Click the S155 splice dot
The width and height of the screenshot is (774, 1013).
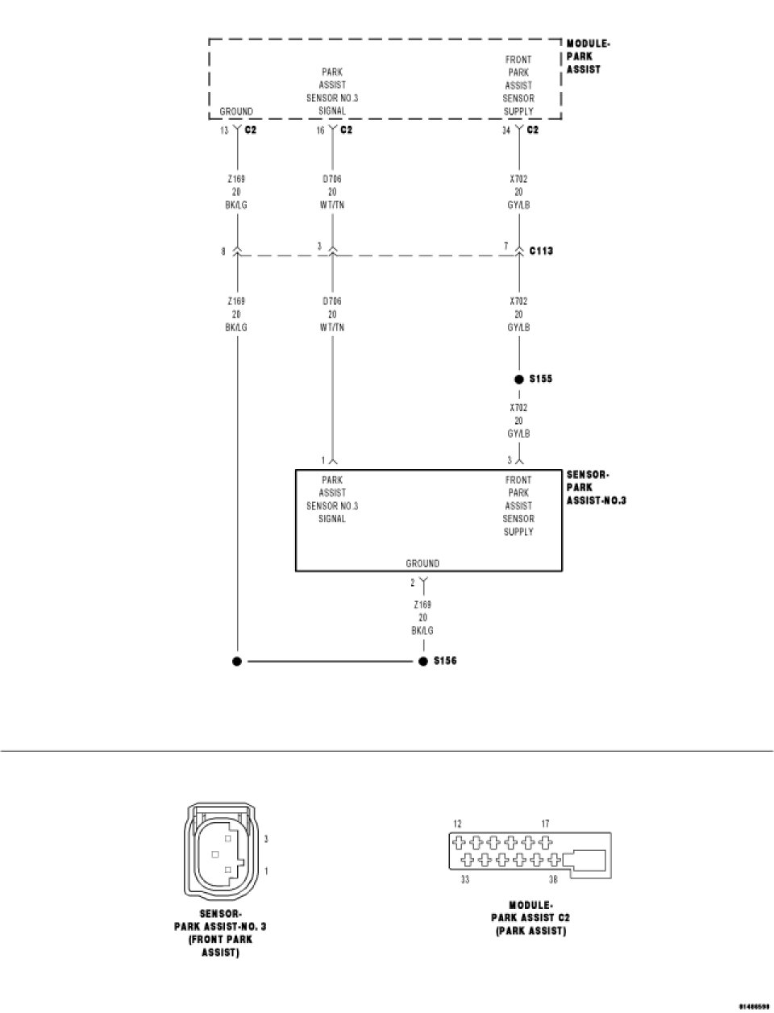click(519, 380)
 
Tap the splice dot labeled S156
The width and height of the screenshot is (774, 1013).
click(423, 662)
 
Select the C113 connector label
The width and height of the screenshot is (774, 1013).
click(541, 251)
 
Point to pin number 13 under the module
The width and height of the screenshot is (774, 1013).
click(224, 131)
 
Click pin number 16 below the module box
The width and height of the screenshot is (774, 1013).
click(320, 131)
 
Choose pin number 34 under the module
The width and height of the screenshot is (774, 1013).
click(506, 131)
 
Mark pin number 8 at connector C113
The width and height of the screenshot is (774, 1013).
click(223, 251)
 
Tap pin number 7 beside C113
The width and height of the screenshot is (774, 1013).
click(506, 246)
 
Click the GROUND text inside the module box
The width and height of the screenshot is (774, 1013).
click(236, 111)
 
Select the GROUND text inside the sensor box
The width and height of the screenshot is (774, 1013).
click(422, 563)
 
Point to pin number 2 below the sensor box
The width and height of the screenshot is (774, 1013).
click(413, 583)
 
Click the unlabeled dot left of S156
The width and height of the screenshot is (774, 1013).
click(237, 662)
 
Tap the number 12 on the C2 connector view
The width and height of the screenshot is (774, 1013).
click(457, 824)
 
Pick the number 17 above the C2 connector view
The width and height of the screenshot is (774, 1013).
click(546, 824)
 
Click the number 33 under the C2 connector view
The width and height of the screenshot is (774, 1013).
click(465, 880)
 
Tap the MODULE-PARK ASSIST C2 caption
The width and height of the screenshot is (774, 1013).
click(531, 918)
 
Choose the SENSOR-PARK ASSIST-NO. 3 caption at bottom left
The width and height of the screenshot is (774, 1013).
click(220, 932)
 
